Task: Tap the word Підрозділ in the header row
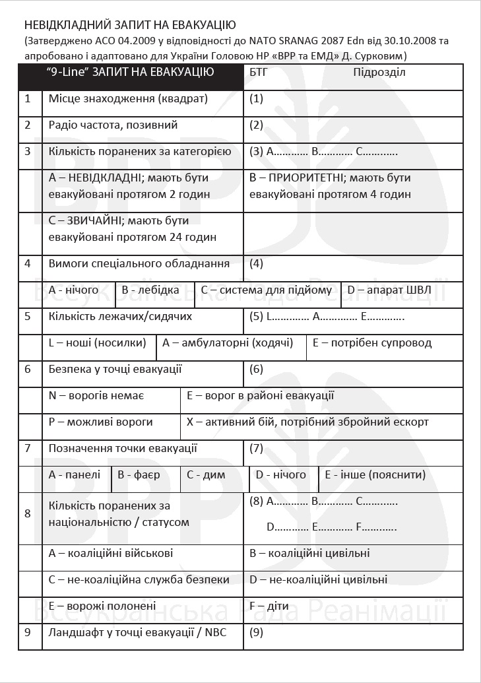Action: click(379, 72)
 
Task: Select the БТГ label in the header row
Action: click(259, 72)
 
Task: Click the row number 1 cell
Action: click(28, 99)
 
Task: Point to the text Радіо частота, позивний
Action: click(113, 125)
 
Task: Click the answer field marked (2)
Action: click(353, 125)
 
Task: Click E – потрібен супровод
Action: click(372, 343)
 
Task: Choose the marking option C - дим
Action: click(206, 474)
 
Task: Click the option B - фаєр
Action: click(139, 474)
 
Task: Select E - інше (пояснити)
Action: click(374, 474)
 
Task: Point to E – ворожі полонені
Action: click(102, 606)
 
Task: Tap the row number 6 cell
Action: click(28, 369)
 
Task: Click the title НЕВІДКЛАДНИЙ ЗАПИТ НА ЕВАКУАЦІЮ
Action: click(130, 26)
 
